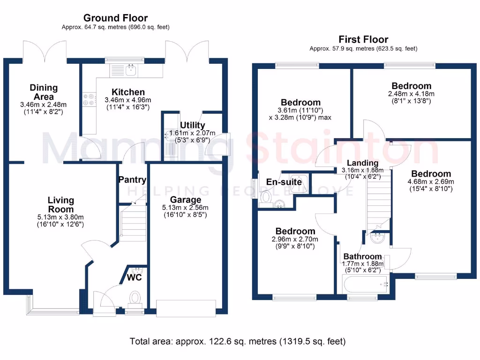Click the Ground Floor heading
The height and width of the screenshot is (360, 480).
(115, 18)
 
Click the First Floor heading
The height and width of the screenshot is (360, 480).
(363, 39)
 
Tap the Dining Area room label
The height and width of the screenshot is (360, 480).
(44, 92)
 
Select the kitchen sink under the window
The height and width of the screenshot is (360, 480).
(124, 71)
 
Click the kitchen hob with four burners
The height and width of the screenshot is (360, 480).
(88, 99)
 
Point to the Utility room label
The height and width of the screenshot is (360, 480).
(193, 125)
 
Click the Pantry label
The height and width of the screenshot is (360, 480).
(132, 180)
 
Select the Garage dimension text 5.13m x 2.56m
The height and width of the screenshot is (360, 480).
(187, 208)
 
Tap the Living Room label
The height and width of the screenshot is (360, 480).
(61, 205)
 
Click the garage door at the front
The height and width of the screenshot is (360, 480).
(187, 307)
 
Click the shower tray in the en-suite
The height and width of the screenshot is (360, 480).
(299, 183)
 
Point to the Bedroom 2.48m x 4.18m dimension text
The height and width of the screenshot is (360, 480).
(412, 94)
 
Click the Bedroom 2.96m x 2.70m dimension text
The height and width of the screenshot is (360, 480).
(295, 239)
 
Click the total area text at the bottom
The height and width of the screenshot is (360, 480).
(238, 341)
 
